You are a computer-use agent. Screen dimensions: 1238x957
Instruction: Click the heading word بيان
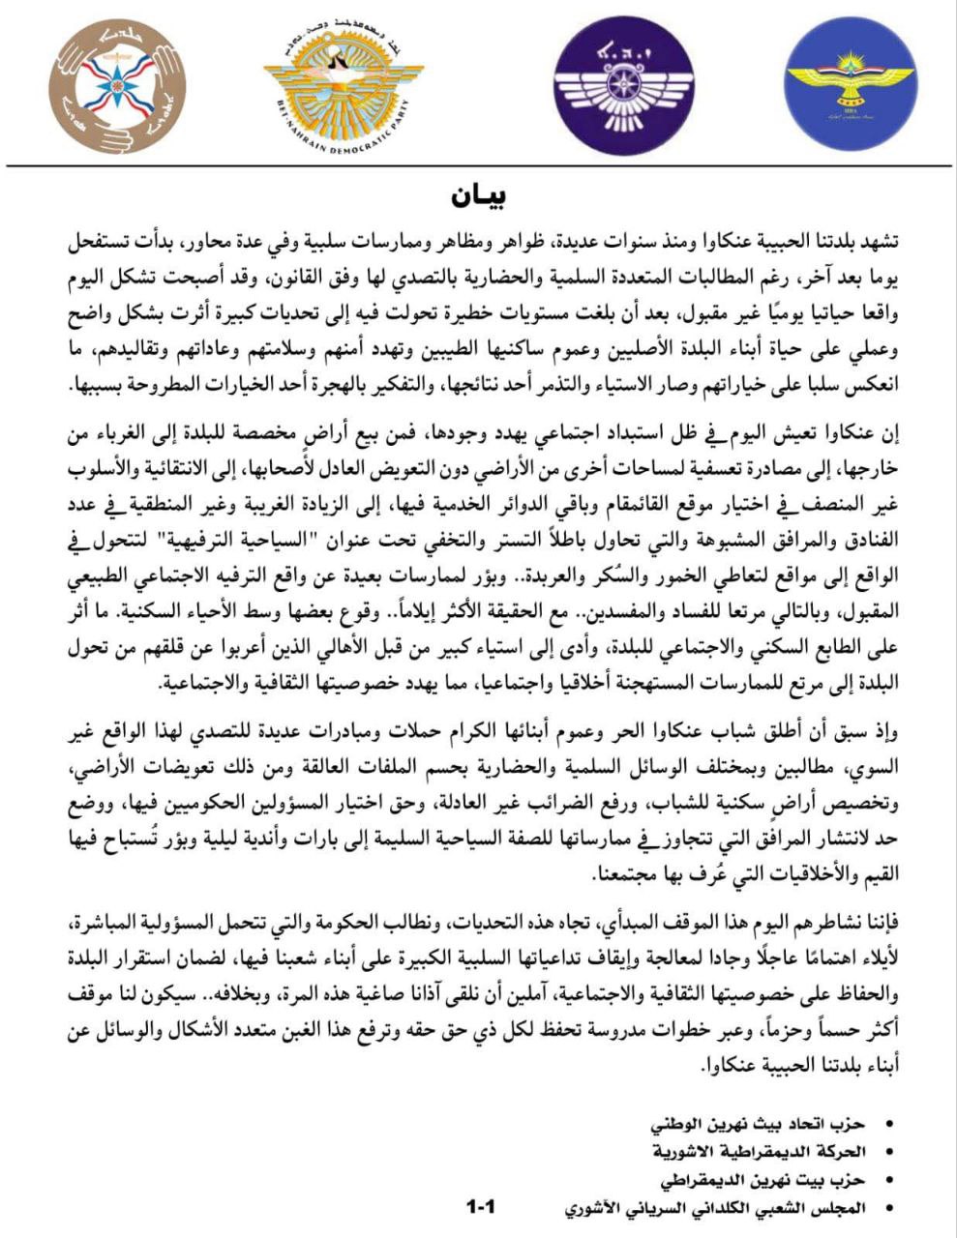pyautogui.click(x=479, y=194)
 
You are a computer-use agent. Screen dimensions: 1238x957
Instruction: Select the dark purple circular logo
pyautogui.click(x=623, y=85)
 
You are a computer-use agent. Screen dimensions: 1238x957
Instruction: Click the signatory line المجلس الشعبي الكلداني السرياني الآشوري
pyautogui.click(x=715, y=1208)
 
